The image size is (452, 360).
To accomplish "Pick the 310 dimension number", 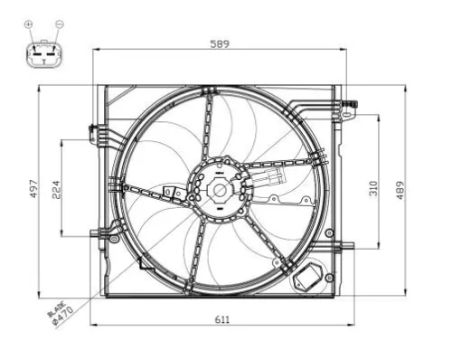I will [372, 187].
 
